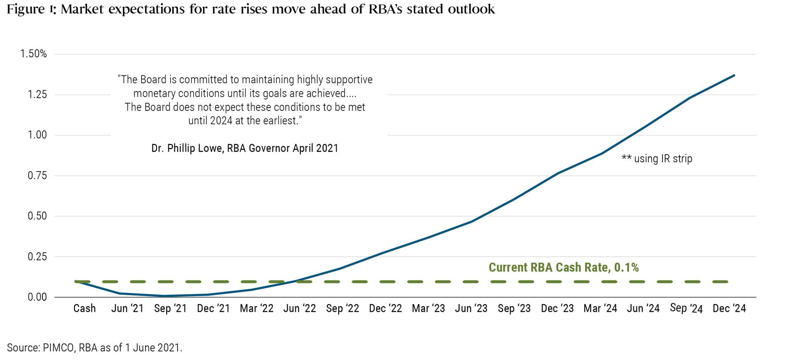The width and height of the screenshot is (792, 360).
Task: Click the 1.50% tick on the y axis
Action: pyautogui.click(x=33, y=54)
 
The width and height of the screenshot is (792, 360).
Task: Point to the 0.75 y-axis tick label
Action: pyautogui.click(x=37, y=176)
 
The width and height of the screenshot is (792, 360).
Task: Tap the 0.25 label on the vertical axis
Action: pyautogui.click(x=37, y=256)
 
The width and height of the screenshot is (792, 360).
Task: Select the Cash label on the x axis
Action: pyautogui.click(x=85, y=308)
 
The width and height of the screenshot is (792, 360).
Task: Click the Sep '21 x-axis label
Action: pyautogui.click(x=170, y=308)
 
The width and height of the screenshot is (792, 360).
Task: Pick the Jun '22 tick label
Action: pyautogui.click(x=299, y=308)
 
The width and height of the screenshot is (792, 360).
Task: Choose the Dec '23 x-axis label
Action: pyautogui.click(x=557, y=308)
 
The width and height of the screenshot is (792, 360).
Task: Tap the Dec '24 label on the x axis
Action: pyautogui.click(x=729, y=308)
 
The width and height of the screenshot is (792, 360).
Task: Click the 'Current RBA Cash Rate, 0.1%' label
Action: pyautogui.click(x=563, y=267)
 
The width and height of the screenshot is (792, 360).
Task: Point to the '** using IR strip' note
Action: pyautogui.click(x=657, y=158)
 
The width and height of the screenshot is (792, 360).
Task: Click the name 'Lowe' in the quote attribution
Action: pyautogui.click(x=210, y=148)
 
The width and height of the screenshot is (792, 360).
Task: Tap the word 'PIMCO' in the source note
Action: pyautogui.click(x=59, y=348)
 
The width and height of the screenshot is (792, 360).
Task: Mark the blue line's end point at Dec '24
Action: pyautogui.click(x=734, y=75)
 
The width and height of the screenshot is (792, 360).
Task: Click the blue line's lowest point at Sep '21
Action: pyautogui.click(x=165, y=296)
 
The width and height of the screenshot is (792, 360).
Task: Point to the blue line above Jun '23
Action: pyautogui.click(x=471, y=221)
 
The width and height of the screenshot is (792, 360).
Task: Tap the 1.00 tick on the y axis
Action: pyautogui.click(x=37, y=135)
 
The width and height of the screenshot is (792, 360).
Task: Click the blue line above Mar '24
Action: pyautogui.click(x=601, y=154)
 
